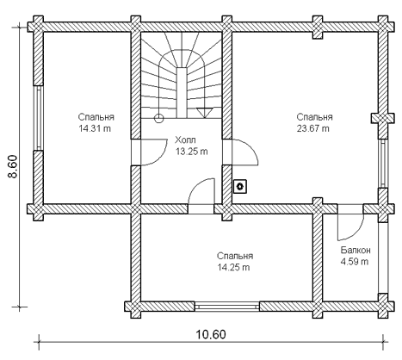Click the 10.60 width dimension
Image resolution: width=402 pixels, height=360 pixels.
pyautogui.click(x=211, y=334)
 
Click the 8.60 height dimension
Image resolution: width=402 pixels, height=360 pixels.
pyautogui.click(x=13, y=167)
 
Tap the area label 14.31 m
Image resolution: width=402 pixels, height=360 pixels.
pyautogui.click(x=95, y=128)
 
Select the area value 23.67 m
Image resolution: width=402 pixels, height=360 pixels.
pyautogui.click(x=313, y=128)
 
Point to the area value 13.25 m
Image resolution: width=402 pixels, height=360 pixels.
pyautogui.click(x=192, y=152)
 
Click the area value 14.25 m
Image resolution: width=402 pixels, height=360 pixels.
pyautogui.click(x=233, y=267)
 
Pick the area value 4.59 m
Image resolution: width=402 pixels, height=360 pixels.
pyautogui.click(x=355, y=262)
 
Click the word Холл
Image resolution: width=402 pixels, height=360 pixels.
pyautogui.click(x=185, y=140)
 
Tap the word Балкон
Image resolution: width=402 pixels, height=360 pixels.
pyautogui.click(x=356, y=250)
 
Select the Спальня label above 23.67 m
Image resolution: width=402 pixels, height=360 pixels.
pyautogui.click(x=315, y=117)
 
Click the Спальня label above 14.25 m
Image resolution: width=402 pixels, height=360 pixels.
pyautogui.click(x=235, y=256)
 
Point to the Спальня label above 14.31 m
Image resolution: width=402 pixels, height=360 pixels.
pyautogui.click(x=96, y=117)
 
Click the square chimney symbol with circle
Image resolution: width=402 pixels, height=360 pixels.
pyautogui.click(x=240, y=187)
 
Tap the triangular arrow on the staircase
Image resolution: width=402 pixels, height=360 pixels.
pyautogui.click(x=204, y=112)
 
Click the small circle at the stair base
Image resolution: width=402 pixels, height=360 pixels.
pyautogui.click(x=158, y=118)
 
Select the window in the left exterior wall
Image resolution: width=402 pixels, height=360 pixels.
pyautogui.click(x=38, y=118)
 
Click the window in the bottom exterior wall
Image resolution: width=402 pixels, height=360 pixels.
pyautogui.click(x=227, y=307)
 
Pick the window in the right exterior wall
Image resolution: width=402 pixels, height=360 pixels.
pyautogui.click(x=383, y=164)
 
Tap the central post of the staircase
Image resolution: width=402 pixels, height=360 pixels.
pyautogui.click(x=182, y=92)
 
